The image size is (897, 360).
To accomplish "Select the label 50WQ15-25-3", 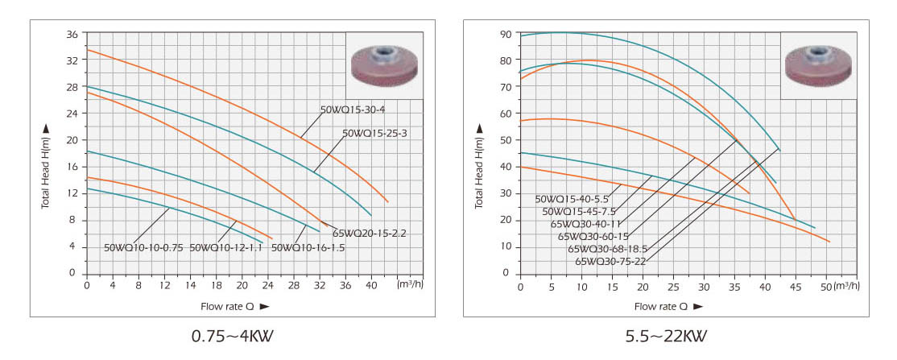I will [x=375, y=134].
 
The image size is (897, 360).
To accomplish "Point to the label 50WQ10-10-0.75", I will [x=144, y=247].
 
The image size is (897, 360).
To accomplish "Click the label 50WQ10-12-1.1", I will [x=226, y=247].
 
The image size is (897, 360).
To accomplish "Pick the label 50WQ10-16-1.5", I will [x=308, y=247].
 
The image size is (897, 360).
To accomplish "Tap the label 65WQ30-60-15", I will [x=593, y=236].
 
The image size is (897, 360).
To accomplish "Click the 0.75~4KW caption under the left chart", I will [x=232, y=335].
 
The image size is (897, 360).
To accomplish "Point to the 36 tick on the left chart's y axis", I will [x=72, y=35].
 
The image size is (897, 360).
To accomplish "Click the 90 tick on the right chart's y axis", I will [x=506, y=35].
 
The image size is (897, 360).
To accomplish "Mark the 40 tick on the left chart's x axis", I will [x=371, y=286].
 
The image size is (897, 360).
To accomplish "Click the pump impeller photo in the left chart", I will [x=385, y=65].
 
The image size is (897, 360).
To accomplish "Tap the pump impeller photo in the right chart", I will [x=818, y=65].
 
